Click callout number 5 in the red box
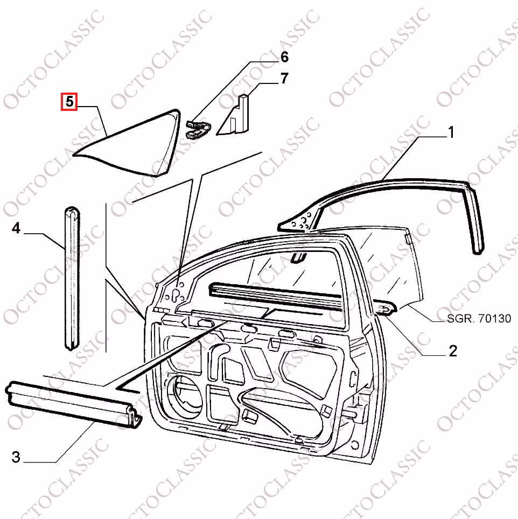[69, 101]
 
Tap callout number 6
[284, 57]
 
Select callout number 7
[284, 79]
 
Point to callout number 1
[451, 132]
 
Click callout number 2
[453, 350]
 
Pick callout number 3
[16, 457]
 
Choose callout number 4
[16, 228]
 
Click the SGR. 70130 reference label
[479, 318]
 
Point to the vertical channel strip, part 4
[72, 278]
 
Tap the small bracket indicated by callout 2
[385, 308]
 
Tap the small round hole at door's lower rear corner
[355, 445]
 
